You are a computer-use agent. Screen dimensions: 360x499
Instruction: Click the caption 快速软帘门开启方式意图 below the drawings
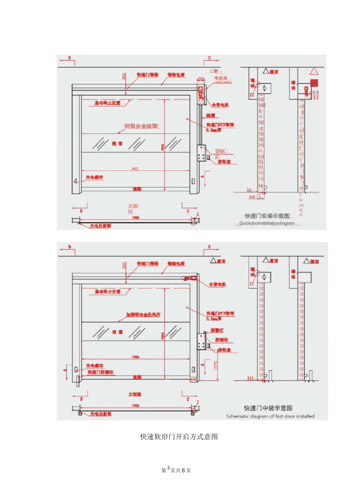click(x=179, y=437)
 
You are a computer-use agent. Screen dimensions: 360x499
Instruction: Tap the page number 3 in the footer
click(x=168, y=468)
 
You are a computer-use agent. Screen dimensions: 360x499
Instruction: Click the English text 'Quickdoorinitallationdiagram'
click(x=267, y=223)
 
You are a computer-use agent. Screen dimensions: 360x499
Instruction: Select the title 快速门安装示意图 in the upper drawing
click(x=267, y=216)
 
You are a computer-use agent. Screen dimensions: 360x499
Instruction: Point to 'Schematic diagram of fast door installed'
click(x=270, y=416)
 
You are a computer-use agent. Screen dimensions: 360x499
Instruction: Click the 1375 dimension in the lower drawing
click(x=216, y=365)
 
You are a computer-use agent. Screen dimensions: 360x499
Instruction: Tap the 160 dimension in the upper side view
click(x=252, y=197)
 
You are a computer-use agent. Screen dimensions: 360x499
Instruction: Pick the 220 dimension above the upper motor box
click(x=200, y=79)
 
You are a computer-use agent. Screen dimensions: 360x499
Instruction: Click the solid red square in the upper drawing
click(x=314, y=83)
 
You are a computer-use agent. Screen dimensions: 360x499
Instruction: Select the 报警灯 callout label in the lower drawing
click(x=217, y=331)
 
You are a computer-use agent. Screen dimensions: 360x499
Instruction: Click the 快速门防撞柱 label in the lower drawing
click(x=100, y=372)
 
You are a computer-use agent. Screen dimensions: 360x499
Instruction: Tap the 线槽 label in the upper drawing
click(x=211, y=115)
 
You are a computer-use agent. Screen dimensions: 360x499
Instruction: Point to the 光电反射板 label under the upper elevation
click(x=100, y=226)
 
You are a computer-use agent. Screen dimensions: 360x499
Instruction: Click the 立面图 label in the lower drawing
click(x=135, y=395)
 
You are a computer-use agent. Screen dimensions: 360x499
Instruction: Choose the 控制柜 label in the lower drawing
click(x=222, y=340)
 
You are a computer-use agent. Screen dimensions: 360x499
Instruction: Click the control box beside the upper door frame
click(x=201, y=153)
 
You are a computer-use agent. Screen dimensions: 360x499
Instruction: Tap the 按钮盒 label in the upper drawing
click(x=224, y=162)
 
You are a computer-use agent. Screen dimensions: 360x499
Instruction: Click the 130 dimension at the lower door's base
click(x=193, y=378)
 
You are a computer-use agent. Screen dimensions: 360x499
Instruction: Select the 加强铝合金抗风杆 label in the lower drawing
click(x=143, y=315)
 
